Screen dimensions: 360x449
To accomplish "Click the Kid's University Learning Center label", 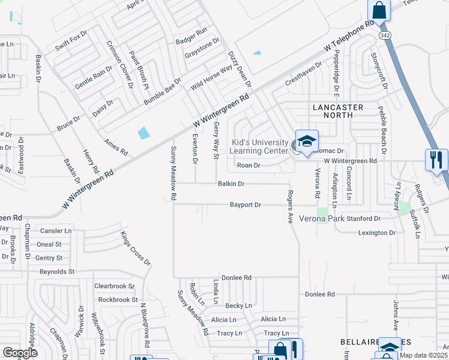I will pyautogui.click(x=260, y=146).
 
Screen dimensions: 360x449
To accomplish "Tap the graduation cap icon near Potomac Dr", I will pyautogui.click(x=307, y=142).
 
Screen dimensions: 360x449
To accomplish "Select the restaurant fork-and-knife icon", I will pyautogui.click(x=436, y=160).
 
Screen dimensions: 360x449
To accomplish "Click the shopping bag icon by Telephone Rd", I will pyautogui.click(x=379, y=10).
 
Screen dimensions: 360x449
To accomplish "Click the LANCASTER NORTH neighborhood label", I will pyautogui.click(x=338, y=112).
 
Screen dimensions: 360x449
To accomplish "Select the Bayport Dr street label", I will pyautogui.click(x=246, y=205).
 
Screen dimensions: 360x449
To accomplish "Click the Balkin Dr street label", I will pyautogui.click(x=231, y=184).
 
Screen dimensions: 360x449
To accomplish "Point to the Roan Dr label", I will pyautogui.click(x=249, y=165).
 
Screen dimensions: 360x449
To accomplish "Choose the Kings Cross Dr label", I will pyautogui.click(x=136, y=248).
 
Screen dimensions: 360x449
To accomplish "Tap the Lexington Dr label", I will pyautogui.click(x=377, y=232).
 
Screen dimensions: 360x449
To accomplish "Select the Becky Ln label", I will pyautogui.click(x=238, y=305).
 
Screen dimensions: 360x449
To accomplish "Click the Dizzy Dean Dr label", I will pyautogui.click(x=239, y=68).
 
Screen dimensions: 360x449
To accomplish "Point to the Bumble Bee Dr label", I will pyautogui.click(x=162, y=91).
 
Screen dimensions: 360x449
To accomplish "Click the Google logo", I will pyautogui.click(x=20, y=353).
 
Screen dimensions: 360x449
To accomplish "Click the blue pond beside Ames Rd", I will pyautogui.click(x=144, y=133).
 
